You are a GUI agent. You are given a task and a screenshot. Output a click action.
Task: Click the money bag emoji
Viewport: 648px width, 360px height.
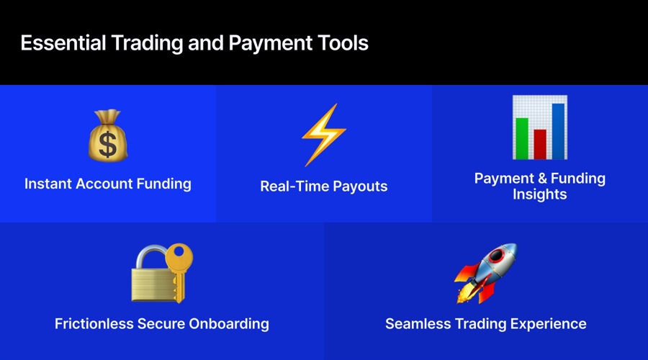click(108, 137)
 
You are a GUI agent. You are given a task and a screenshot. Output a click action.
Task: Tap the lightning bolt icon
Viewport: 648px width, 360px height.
click(323, 135)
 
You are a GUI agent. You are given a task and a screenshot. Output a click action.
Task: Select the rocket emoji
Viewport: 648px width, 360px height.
click(486, 273)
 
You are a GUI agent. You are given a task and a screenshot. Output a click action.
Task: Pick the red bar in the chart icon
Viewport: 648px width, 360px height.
click(540, 143)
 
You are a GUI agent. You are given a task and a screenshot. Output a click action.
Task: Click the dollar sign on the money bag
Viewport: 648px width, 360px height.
click(108, 145)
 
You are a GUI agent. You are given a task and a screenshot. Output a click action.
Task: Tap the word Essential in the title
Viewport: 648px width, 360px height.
click(63, 43)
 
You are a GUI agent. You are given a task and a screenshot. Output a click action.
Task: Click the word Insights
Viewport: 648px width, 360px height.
click(540, 194)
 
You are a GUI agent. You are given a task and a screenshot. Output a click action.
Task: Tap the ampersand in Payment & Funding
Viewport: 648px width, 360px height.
click(540, 179)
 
